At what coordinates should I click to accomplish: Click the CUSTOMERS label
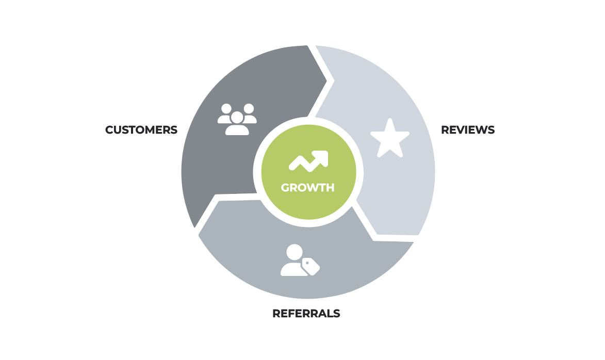tap(141, 130)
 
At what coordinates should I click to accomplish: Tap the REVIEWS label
tap(468, 130)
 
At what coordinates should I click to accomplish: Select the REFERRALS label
tap(306, 314)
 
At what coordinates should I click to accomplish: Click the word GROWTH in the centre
tap(308, 188)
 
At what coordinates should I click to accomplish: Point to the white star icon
tap(390, 138)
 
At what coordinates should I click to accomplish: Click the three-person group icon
tap(237, 120)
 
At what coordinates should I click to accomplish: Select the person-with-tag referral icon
tap(300, 260)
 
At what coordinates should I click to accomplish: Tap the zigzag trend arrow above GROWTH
tap(308, 160)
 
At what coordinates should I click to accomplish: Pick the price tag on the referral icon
tap(311, 267)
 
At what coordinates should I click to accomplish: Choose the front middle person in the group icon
tap(237, 124)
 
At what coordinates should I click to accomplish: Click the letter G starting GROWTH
tap(285, 188)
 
